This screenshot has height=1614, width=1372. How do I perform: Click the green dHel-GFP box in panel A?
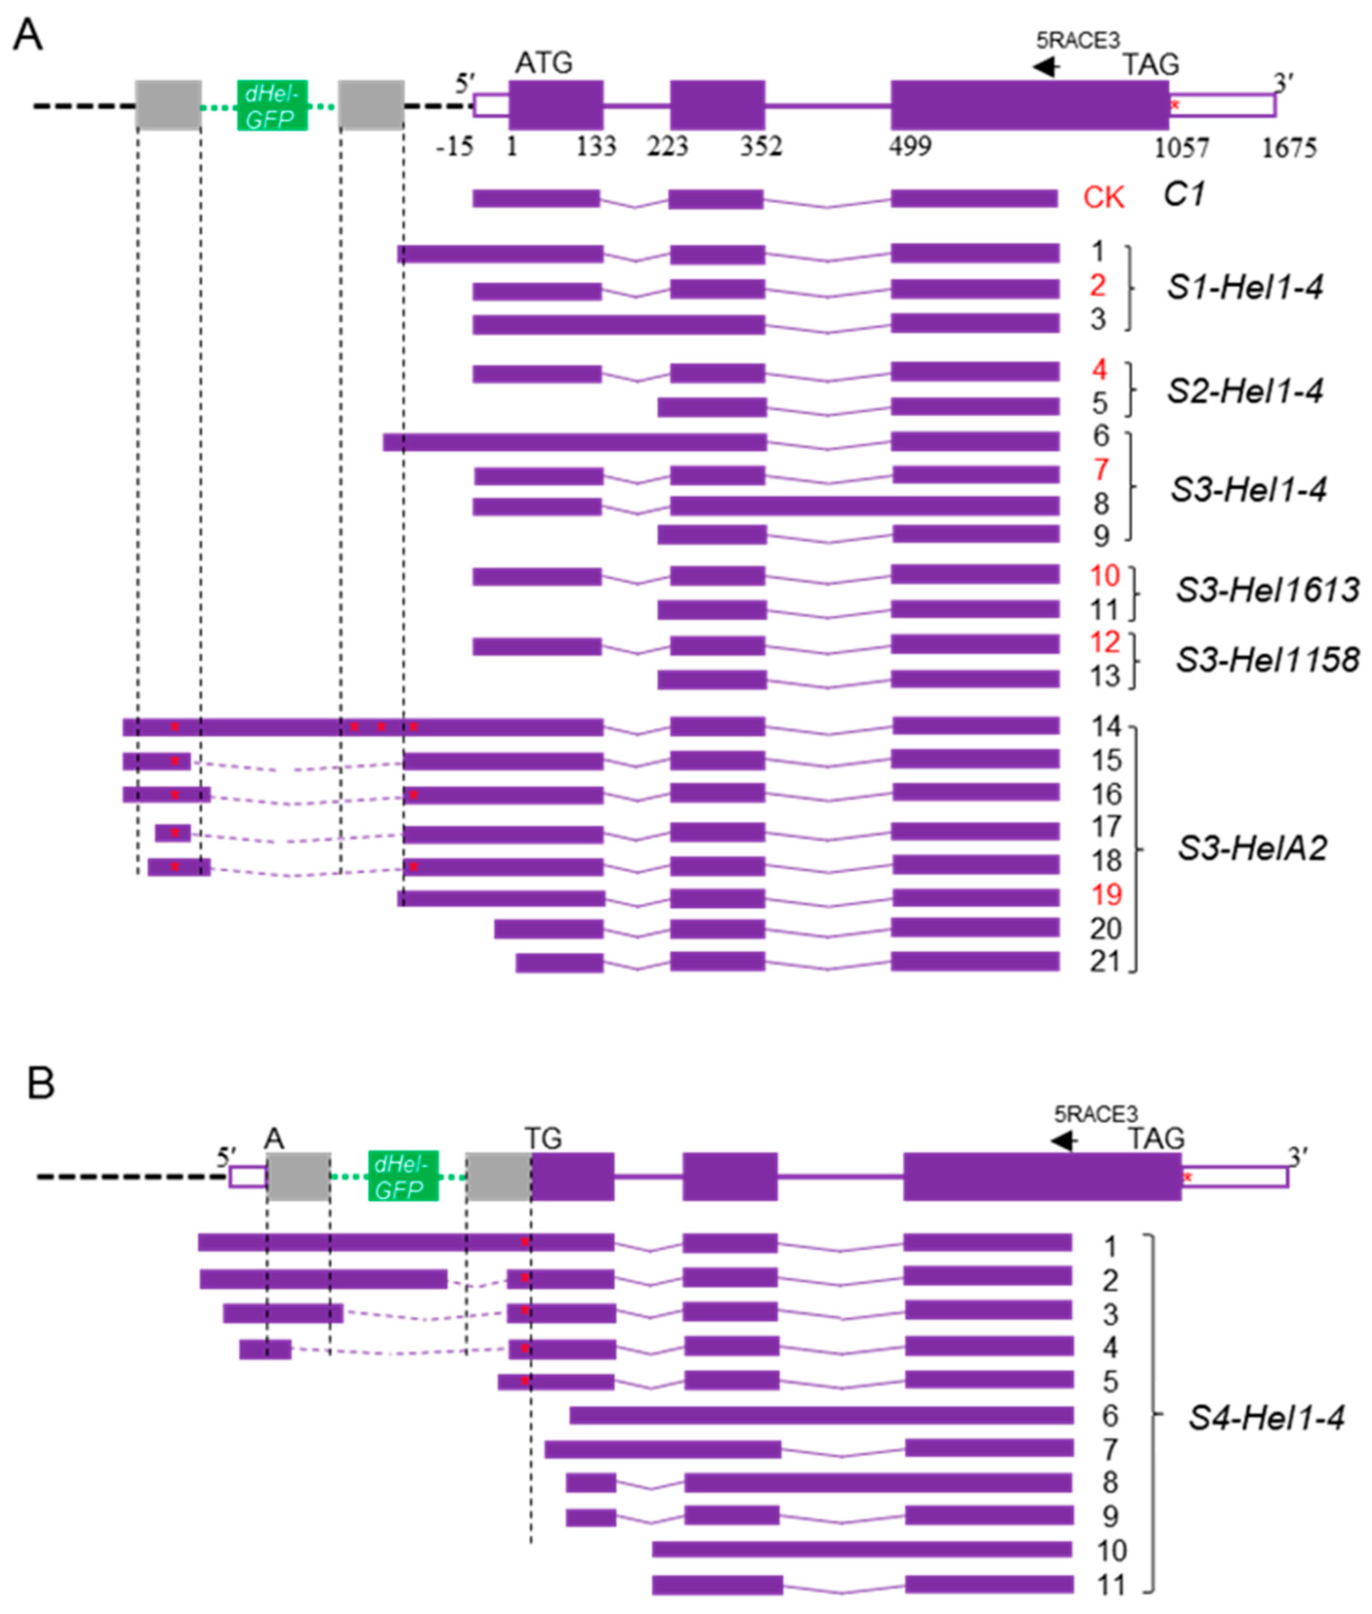(272, 105)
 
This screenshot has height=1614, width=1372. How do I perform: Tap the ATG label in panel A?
(544, 62)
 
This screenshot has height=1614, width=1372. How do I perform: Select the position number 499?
(910, 146)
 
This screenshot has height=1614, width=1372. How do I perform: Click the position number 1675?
(1288, 147)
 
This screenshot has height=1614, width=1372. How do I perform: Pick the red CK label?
(1104, 198)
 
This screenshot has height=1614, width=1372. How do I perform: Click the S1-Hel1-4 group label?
(1245, 288)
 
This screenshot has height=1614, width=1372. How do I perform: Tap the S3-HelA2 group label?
(1252, 848)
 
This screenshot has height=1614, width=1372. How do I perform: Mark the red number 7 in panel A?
(1101, 470)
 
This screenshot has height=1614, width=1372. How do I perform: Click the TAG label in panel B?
(1156, 1138)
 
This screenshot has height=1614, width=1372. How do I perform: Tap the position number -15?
(455, 146)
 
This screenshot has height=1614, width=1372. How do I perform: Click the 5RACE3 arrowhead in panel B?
(1062, 1141)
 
